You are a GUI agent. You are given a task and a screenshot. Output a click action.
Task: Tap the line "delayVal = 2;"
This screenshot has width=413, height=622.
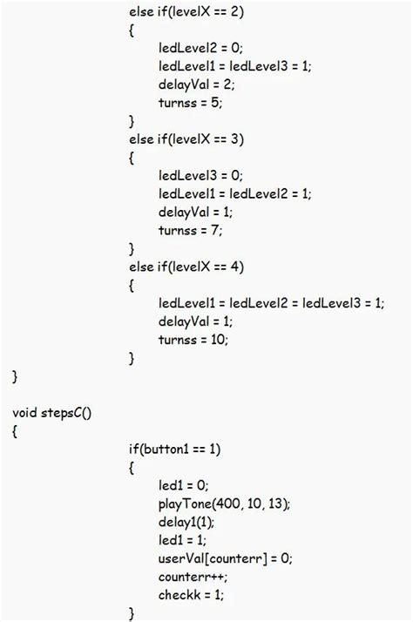click(197, 85)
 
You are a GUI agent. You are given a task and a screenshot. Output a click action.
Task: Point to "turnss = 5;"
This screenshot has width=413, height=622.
click(191, 103)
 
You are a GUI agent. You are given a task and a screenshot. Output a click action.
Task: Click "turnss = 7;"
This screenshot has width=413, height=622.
click(191, 231)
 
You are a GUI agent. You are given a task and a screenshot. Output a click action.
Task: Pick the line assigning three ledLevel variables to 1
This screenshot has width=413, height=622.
click(271, 303)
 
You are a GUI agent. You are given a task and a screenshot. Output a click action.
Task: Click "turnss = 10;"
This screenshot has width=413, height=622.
click(193, 340)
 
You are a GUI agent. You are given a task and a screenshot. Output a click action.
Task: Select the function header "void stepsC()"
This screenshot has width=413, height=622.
click(53, 412)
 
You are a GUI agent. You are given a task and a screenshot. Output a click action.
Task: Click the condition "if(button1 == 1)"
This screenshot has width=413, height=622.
click(174, 449)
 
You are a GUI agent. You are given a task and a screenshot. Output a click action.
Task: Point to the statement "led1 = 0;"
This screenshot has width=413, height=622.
click(184, 485)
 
